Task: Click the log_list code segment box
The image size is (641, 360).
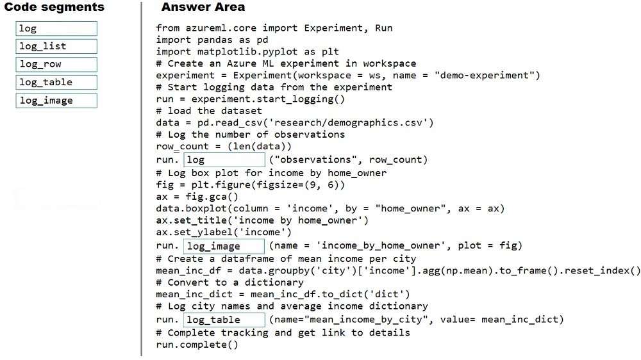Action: tap(56, 46)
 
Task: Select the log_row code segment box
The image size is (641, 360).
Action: tap(56, 64)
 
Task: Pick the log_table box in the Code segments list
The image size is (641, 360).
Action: tap(56, 82)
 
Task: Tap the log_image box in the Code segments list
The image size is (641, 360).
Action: tap(56, 101)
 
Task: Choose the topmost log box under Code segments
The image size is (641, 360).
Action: tap(56, 29)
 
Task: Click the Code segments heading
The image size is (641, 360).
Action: tap(54, 7)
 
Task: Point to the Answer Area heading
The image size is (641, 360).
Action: tap(203, 7)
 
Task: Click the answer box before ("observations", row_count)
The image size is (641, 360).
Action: tap(224, 160)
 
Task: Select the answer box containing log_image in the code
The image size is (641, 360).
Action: tap(224, 246)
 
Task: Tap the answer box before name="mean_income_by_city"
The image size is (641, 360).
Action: tap(224, 320)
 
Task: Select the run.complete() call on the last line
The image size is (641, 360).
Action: tap(197, 345)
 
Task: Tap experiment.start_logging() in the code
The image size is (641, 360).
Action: tap(268, 99)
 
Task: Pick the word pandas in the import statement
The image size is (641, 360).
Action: tap(215, 40)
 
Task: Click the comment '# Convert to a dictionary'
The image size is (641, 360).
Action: tap(229, 282)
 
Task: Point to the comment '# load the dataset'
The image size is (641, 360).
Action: tap(209, 111)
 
